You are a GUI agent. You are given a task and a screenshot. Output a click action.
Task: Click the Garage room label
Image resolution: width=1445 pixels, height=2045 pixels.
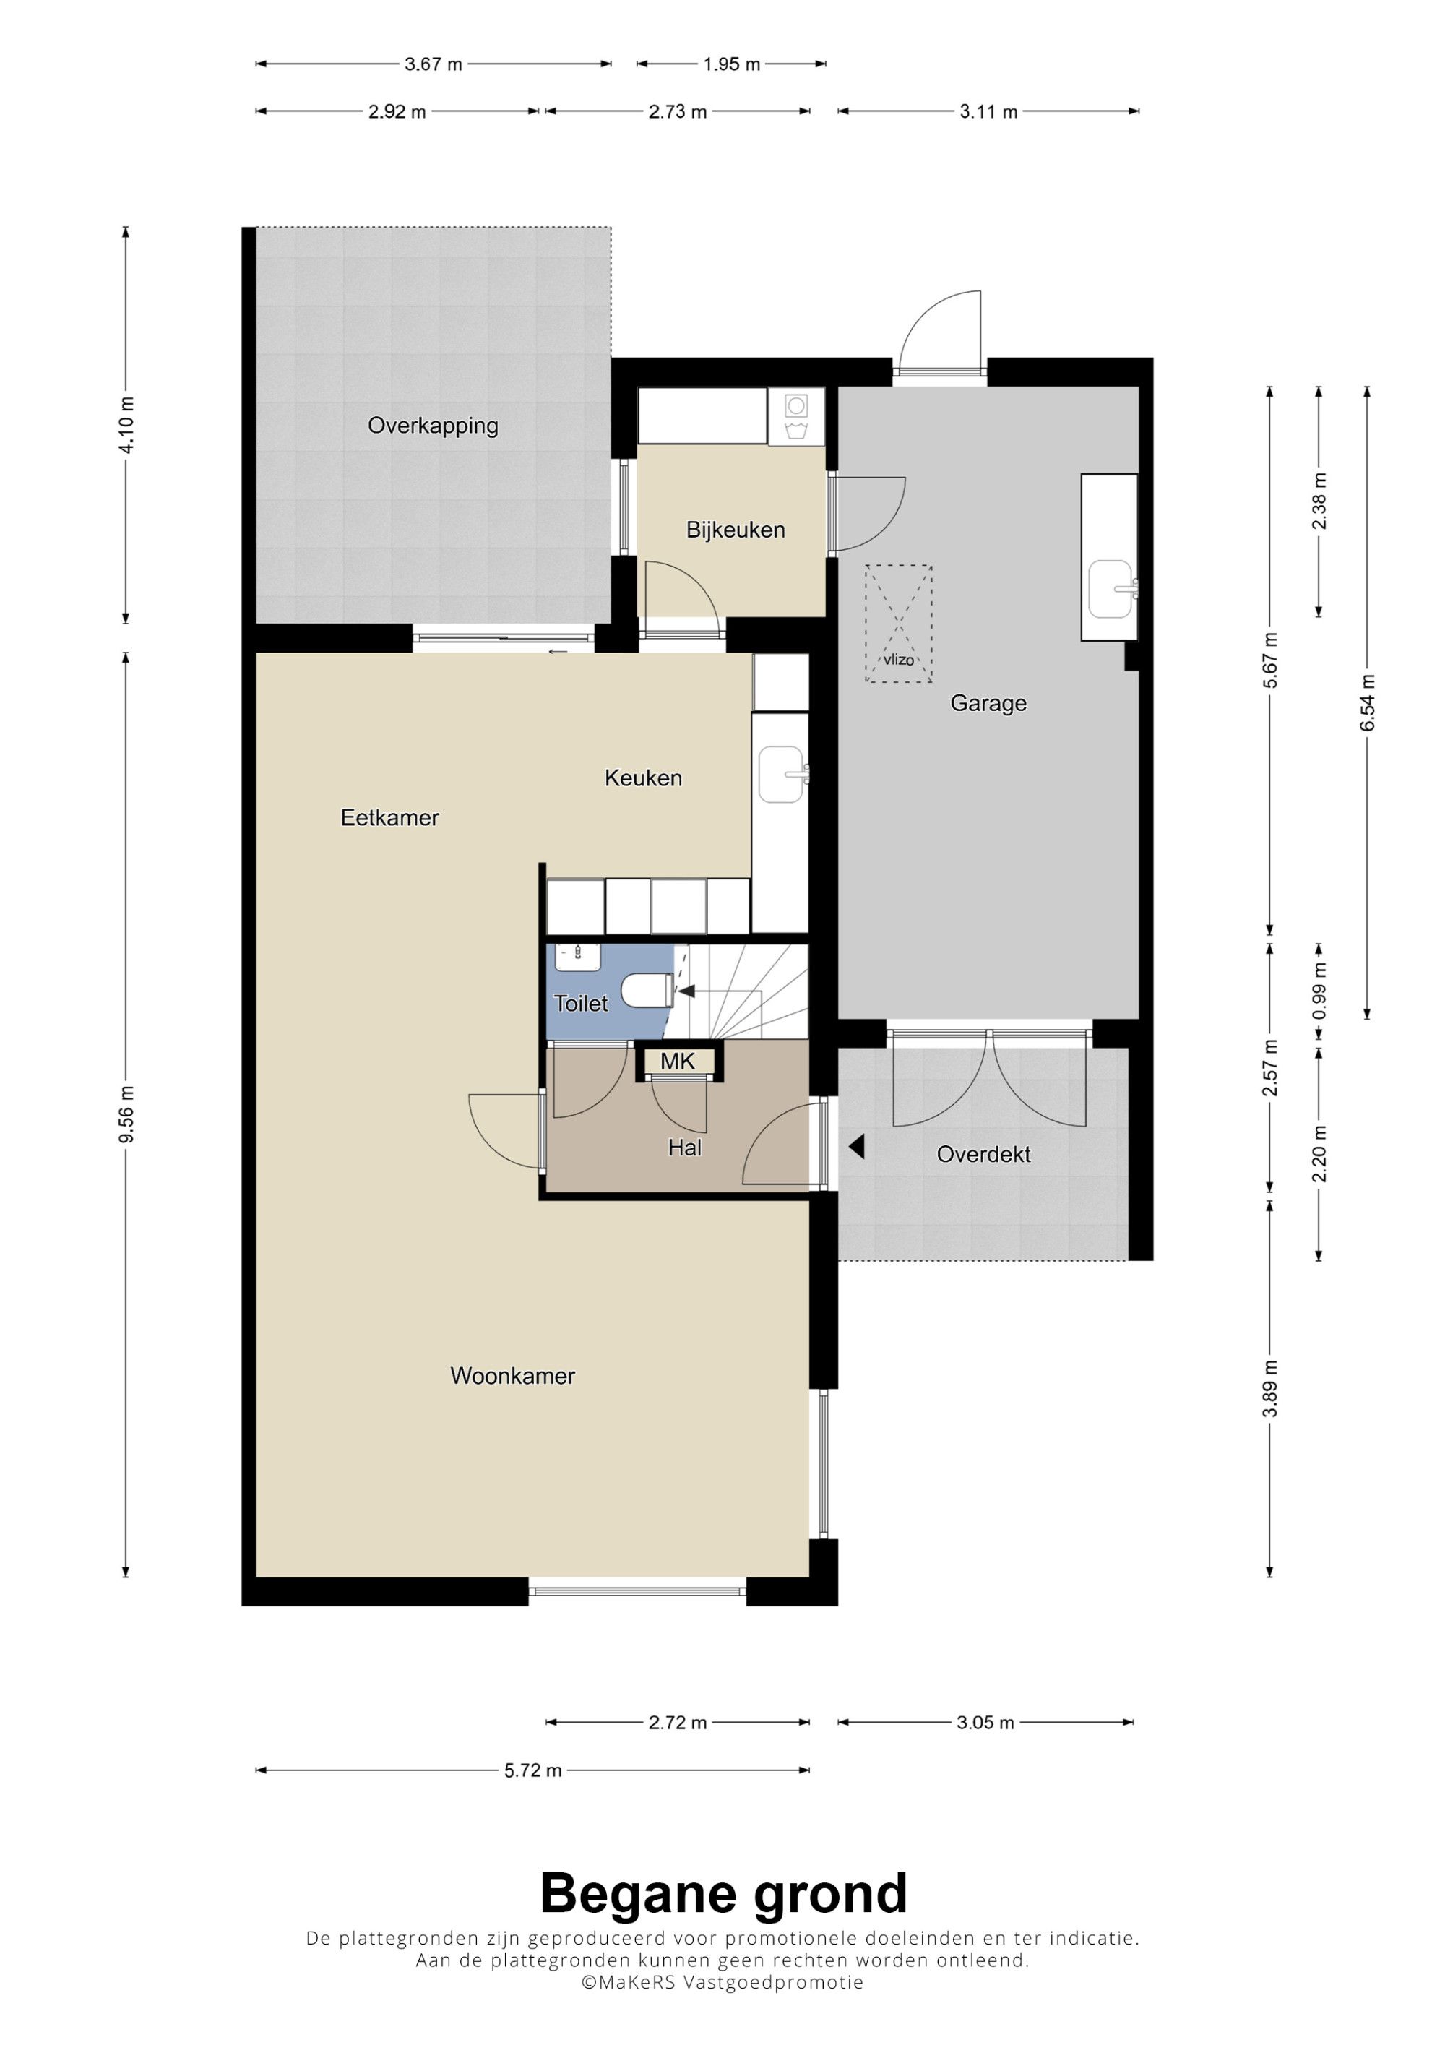[988, 704]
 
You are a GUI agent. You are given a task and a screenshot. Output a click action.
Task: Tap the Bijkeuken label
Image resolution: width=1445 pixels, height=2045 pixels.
[736, 530]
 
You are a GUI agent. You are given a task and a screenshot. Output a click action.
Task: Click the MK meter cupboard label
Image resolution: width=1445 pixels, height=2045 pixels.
[678, 1061]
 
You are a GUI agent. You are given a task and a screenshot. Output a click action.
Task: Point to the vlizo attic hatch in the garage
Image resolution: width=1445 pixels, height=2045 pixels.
[898, 624]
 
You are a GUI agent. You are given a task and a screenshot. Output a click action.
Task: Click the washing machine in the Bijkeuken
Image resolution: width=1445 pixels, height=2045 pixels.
[796, 416]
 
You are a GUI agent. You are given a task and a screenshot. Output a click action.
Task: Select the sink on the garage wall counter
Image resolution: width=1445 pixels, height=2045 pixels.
[1113, 589]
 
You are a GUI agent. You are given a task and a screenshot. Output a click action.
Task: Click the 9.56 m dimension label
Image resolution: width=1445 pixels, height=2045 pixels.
[126, 1114]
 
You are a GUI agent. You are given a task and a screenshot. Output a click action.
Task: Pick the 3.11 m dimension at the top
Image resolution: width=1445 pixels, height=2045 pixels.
[988, 112]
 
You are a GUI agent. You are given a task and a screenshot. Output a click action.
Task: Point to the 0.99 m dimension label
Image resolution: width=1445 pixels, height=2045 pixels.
[1319, 991]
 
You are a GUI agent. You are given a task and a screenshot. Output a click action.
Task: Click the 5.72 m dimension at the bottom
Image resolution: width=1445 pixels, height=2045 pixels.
[532, 1770]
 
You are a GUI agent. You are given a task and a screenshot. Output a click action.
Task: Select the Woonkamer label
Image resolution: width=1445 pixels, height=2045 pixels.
[513, 1376]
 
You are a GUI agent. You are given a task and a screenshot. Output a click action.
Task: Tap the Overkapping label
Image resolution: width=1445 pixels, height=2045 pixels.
[433, 426]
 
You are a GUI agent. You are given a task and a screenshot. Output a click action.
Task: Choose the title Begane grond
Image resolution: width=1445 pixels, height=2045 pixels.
[724, 1893]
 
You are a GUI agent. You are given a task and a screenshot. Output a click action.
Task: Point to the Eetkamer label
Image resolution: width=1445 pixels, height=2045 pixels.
[390, 818]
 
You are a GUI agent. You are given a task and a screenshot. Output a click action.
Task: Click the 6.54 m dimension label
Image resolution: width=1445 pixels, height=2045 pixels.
[1368, 703]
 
